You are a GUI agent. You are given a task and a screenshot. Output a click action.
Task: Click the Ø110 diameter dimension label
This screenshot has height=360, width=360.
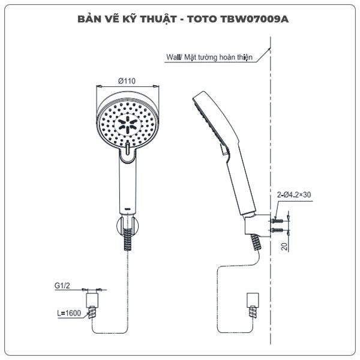pos(127,81)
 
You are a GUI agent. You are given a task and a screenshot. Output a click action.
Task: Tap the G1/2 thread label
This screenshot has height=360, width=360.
pos(62,286)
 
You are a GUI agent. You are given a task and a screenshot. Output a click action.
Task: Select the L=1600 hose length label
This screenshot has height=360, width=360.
pos(69,313)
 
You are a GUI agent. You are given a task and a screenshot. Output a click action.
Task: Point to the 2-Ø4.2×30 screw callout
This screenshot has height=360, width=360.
pos(293,194)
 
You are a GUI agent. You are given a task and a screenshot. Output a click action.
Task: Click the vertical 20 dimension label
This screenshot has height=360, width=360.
pos(284,247)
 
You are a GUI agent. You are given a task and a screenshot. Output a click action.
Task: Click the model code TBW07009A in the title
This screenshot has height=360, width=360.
pos(254,19)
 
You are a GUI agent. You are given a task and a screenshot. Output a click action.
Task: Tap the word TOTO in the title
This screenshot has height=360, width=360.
pos(202,19)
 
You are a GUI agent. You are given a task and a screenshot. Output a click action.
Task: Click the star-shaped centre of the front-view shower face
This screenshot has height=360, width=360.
pos(127,125)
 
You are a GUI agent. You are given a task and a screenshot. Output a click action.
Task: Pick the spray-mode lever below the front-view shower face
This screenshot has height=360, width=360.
pos(128,149)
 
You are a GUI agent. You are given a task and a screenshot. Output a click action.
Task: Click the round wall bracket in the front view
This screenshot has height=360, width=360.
pos(128,225)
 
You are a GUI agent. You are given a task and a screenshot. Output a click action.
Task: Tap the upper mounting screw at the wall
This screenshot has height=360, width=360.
pos(277,221)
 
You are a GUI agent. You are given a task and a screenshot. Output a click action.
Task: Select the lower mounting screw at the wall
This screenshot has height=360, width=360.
pos(277,230)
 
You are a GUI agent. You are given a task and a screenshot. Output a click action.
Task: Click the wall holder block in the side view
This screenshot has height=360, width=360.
pos(257,224)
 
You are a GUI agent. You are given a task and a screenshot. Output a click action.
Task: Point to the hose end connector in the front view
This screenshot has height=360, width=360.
pos(92,300)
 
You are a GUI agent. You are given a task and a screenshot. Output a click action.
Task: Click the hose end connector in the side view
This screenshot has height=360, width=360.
pos(253,300)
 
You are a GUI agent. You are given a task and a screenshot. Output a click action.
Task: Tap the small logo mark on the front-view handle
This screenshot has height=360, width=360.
pos(127,209)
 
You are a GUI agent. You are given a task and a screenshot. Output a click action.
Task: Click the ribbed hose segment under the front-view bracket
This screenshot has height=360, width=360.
pos(128,239)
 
